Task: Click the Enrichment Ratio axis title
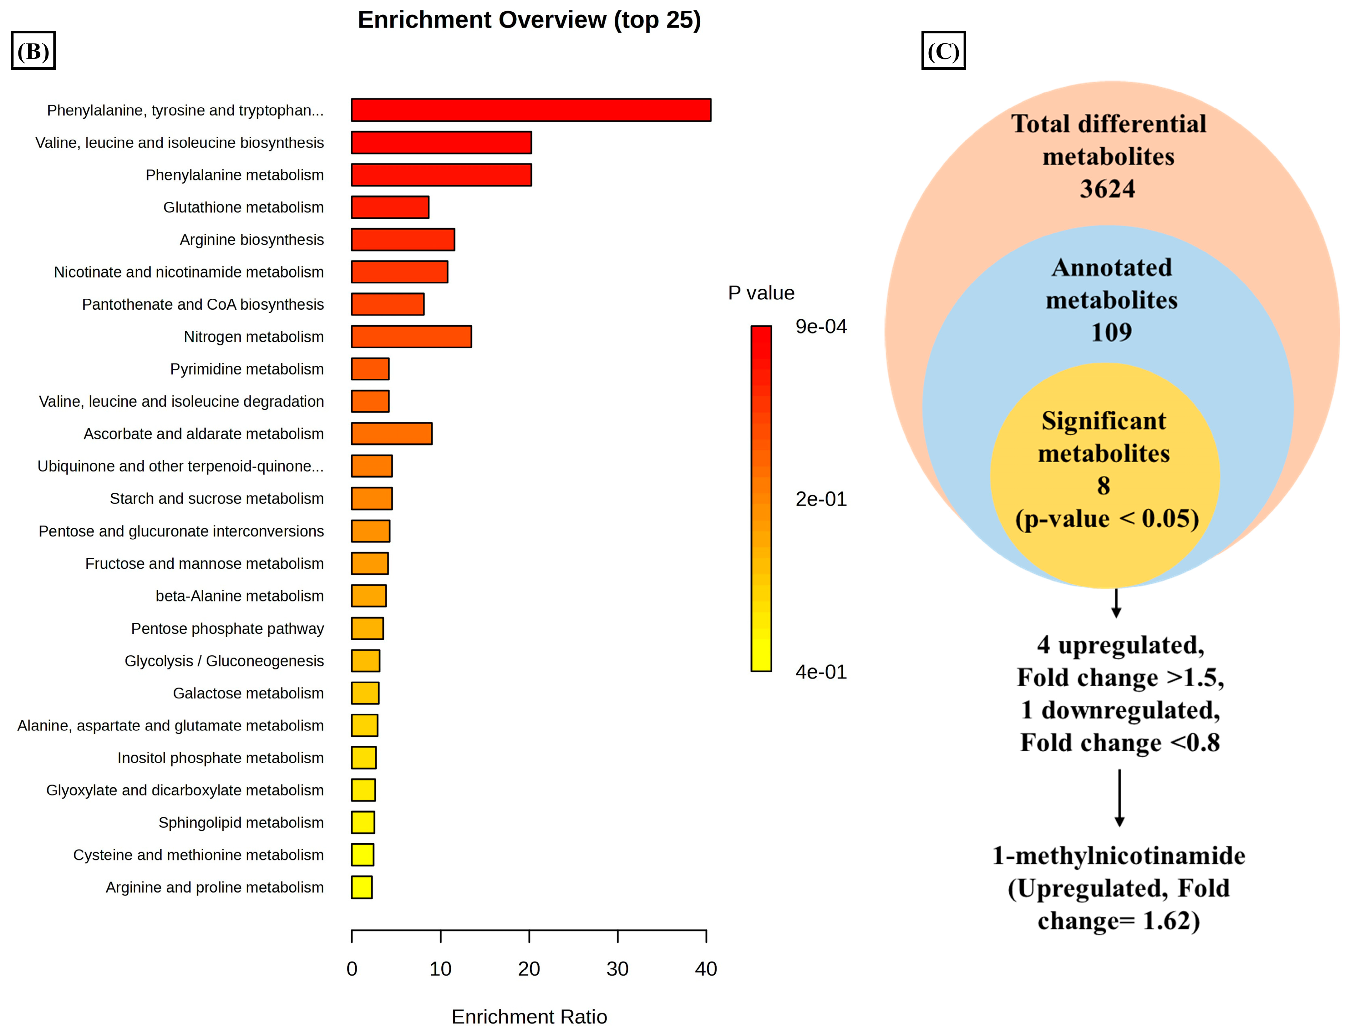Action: click(x=529, y=1016)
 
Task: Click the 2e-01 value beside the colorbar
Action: click(x=821, y=499)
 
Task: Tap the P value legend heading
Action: click(x=761, y=293)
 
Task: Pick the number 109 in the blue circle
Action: click(x=1111, y=333)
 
